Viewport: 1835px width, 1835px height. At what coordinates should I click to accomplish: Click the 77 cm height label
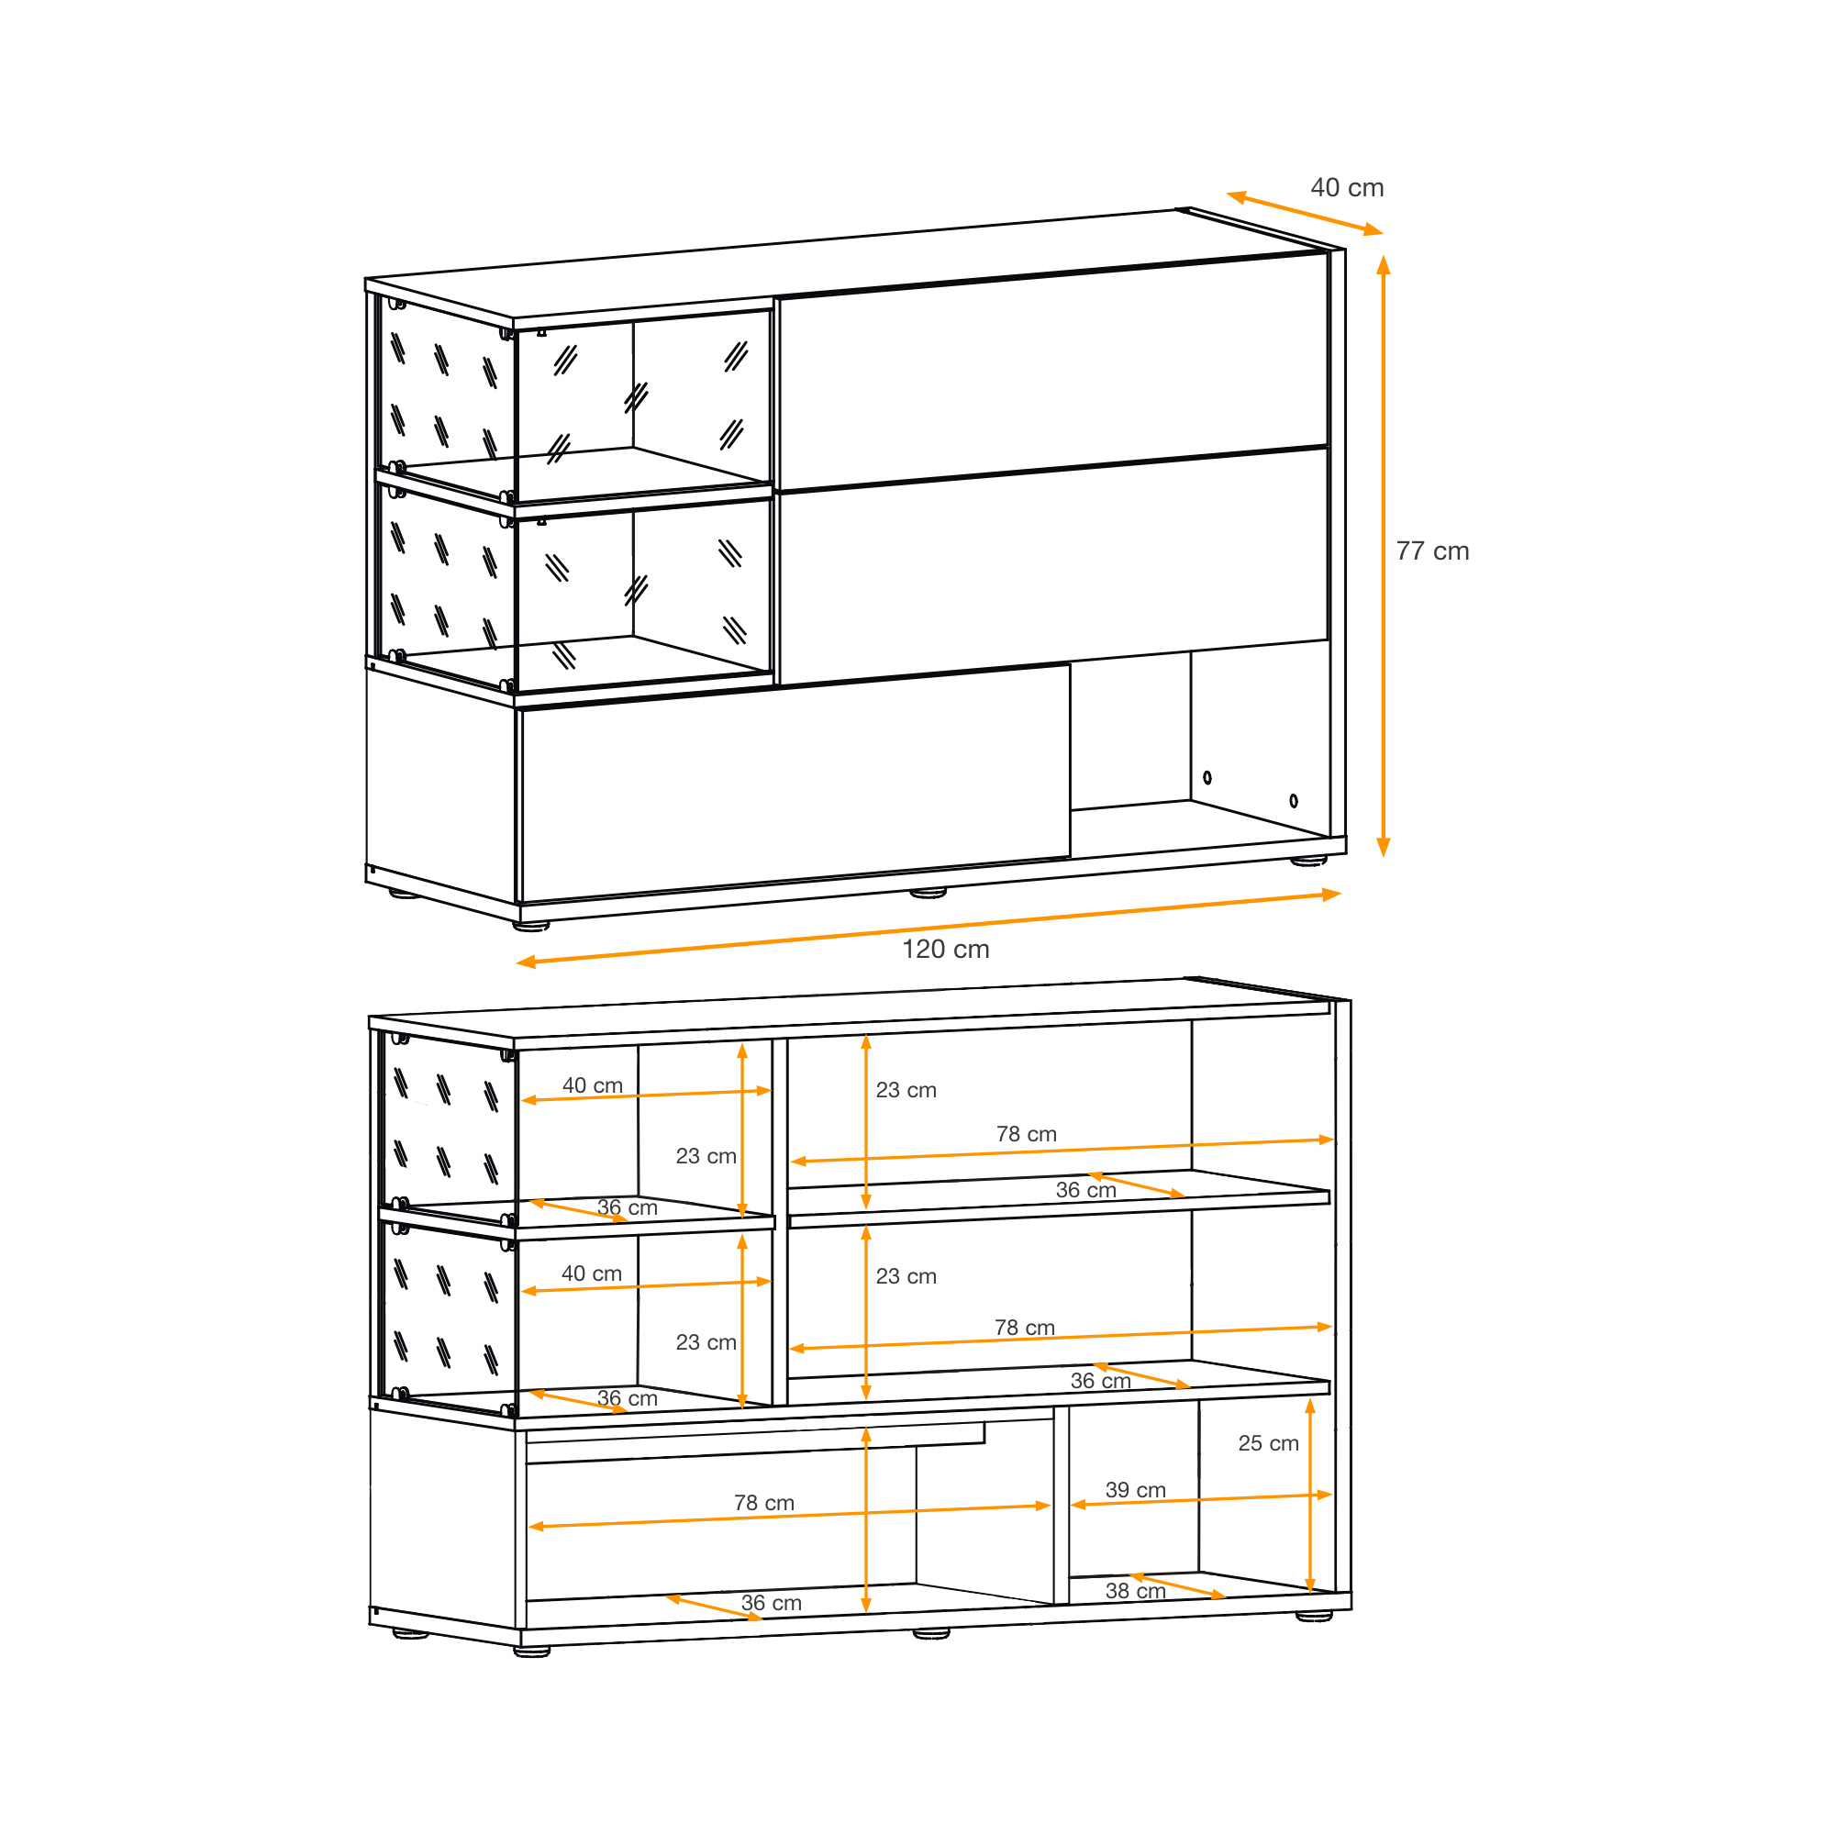click(1432, 550)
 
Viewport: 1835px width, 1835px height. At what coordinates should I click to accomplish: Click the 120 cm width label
click(945, 949)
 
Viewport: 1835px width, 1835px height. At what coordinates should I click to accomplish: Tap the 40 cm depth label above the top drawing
click(1347, 187)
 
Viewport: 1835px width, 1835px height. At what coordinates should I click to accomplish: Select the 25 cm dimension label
click(1268, 1442)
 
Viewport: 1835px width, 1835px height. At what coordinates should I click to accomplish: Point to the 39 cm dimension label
click(1135, 1489)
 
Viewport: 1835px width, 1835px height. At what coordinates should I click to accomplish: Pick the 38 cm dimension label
click(1135, 1590)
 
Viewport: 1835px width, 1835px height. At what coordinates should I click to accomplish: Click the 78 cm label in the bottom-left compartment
click(763, 1503)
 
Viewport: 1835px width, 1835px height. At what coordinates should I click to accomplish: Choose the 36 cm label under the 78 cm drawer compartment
click(772, 1602)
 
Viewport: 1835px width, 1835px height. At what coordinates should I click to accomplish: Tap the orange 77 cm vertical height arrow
click(1383, 556)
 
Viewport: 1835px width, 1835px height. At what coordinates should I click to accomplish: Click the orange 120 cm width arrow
click(928, 928)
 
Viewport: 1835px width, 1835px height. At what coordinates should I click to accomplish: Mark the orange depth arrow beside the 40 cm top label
click(1304, 213)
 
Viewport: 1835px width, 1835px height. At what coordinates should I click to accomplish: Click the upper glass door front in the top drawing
click(644, 406)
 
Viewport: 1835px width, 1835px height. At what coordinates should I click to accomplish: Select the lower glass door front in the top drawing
click(644, 595)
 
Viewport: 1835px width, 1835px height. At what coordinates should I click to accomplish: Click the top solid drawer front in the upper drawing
click(1052, 372)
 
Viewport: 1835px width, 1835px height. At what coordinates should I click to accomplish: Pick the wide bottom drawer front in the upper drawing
click(795, 783)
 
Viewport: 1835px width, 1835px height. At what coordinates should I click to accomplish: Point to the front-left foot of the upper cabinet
click(531, 924)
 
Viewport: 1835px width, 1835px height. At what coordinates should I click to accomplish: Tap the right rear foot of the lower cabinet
click(1314, 1615)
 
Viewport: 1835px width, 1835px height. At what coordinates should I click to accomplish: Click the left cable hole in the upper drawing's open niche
click(1207, 777)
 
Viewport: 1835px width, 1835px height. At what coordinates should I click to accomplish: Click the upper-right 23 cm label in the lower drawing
click(906, 1089)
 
